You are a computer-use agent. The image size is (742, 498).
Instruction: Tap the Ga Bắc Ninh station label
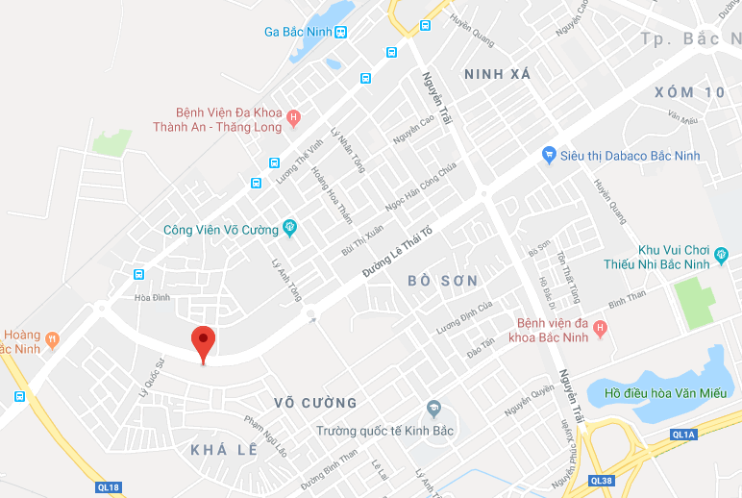297,32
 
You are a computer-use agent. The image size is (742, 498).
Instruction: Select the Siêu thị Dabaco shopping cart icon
549,154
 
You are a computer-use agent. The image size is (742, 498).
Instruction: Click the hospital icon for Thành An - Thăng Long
294,118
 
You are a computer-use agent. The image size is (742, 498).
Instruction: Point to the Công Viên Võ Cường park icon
288,229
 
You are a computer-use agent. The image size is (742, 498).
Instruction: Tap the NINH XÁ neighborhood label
498,74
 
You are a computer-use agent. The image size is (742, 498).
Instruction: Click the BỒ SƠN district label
443,280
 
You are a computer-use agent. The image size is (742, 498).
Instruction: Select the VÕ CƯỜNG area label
315,403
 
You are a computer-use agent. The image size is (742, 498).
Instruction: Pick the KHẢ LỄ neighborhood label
224,449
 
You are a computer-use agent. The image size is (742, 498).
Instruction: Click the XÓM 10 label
688,92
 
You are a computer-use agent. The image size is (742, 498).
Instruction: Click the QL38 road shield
602,481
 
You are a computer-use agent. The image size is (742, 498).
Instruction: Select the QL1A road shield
683,435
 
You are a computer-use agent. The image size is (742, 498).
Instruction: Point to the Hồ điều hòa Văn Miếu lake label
663,392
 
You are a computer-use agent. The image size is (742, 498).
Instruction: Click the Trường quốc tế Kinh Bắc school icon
433,410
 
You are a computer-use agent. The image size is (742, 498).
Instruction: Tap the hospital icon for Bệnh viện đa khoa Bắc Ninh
601,330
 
